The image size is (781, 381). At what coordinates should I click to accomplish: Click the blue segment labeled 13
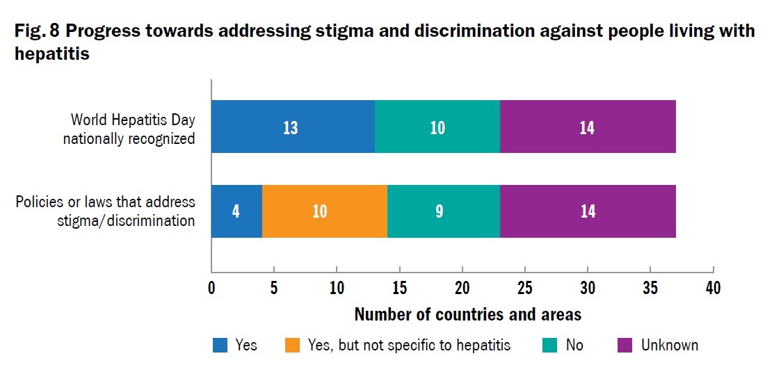293,127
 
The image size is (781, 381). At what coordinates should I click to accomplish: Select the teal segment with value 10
437,127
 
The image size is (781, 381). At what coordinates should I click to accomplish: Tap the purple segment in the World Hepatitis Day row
588,127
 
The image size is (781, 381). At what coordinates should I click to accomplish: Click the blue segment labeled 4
236,211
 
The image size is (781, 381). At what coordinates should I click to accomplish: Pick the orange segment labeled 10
325,211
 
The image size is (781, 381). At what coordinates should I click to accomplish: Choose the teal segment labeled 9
444,211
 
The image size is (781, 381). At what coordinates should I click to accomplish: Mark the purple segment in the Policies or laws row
588,211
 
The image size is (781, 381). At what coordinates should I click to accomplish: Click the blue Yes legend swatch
220,346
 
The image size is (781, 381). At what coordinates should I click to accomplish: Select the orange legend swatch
292,346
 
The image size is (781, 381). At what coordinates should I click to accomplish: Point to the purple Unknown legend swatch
625,346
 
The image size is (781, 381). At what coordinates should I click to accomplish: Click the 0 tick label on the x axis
211,288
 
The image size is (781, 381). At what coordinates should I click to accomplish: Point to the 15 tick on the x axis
399,288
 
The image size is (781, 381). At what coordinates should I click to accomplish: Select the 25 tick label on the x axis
524,288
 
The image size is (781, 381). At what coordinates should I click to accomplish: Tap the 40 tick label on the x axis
713,288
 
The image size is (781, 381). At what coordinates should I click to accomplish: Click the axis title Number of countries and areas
467,314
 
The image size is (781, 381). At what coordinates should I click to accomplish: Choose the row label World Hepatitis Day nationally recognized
129,129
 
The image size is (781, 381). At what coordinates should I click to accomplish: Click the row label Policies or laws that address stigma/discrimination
105,211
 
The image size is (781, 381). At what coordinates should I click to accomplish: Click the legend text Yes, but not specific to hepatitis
409,346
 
